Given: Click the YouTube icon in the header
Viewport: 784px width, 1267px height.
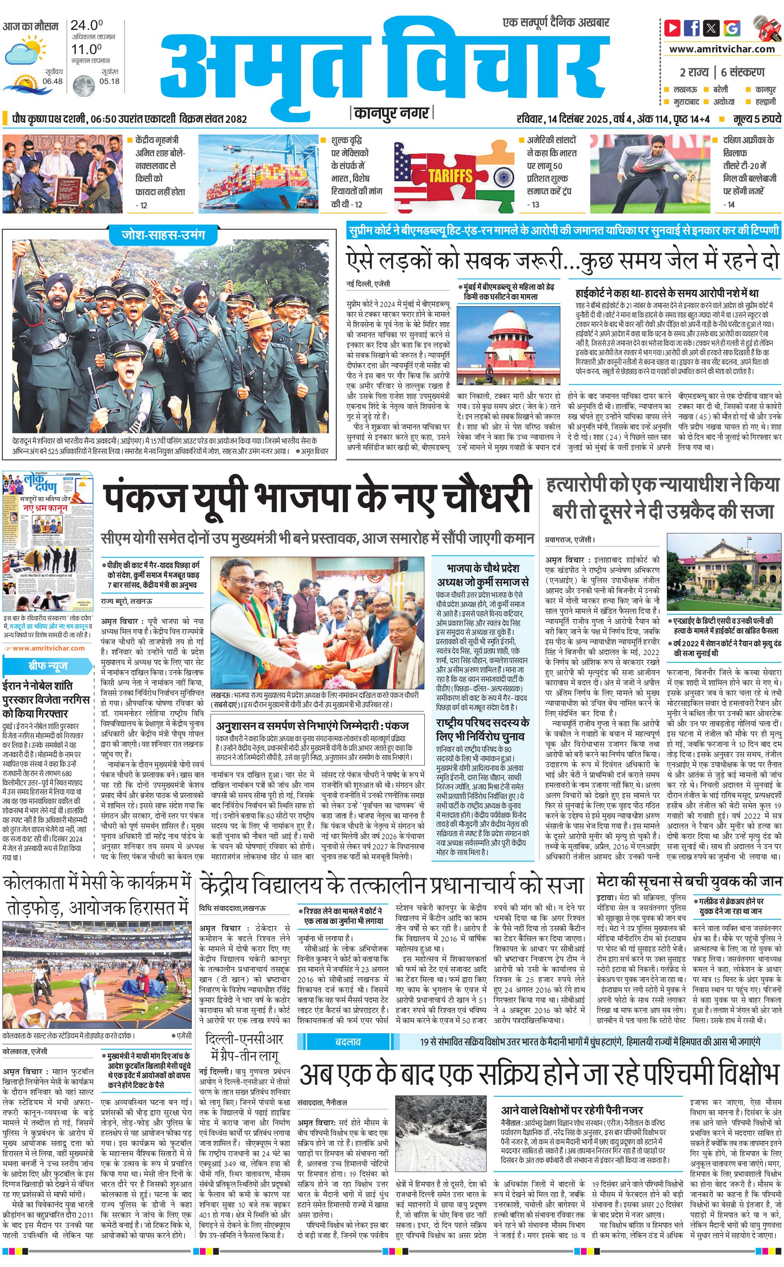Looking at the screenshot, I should [x=673, y=27].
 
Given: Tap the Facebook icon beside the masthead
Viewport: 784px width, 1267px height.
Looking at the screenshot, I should [x=692, y=27].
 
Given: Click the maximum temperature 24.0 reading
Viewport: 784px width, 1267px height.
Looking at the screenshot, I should [x=86, y=25].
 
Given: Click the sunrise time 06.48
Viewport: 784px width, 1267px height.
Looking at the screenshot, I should [x=52, y=81].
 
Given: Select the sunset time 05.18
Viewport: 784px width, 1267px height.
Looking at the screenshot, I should [x=109, y=81].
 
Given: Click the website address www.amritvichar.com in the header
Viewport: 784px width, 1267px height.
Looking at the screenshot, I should [x=722, y=49].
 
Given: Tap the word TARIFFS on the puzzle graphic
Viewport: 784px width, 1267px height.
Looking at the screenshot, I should [x=450, y=176].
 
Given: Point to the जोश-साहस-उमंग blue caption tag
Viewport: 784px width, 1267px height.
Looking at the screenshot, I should [x=163, y=234].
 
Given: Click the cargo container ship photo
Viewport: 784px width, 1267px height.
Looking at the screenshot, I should [x=258, y=174].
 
